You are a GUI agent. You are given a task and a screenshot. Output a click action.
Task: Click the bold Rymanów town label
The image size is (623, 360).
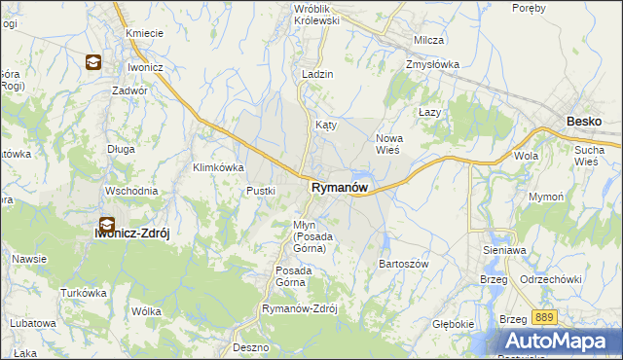[x=339, y=188]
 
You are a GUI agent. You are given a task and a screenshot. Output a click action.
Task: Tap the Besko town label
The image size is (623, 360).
[x=584, y=122]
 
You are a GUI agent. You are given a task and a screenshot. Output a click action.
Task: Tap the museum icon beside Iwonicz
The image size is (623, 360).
[x=92, y=63]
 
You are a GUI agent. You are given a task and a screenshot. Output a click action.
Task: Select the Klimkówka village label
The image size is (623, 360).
[x=218, y=167]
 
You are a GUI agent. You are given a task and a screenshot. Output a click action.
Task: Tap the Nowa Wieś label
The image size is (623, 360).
[x=389, y=144]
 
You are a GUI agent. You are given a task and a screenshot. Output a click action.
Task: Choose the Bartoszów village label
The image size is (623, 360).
[x=403, y=264]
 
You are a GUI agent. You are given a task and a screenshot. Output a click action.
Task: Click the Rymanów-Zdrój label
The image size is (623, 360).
[x=299, y=308]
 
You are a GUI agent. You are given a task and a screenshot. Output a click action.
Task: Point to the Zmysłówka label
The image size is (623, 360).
[x=432, y=65]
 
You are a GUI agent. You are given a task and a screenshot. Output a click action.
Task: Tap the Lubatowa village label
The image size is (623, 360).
[x=34, y=322]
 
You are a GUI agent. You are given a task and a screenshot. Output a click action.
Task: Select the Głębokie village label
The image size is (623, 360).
[x=455, y=324]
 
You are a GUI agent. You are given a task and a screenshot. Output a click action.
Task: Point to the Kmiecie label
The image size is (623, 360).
[x=143, y=33]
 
